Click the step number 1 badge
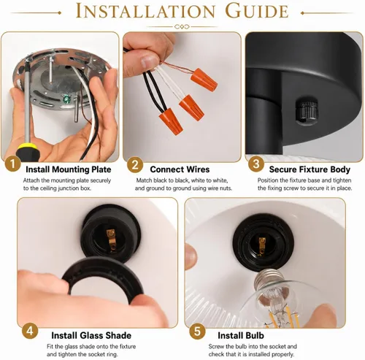coord(12,164)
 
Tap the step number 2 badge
coord(135,165)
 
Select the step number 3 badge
coord(256,164)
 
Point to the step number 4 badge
coord(30,331)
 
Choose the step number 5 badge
coord(197,331)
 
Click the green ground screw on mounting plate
coord(66,99)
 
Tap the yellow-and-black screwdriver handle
coord(26,153)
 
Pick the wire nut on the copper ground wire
coord(204,80)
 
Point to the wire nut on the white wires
coord(192,108)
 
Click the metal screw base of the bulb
coord(269,279)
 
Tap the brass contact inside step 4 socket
coord(111,240)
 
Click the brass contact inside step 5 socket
coord(261,245)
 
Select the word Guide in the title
coord(257,11)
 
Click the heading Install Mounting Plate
coord(69,169)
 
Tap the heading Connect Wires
coord(180,169)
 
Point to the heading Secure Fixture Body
coord(310,169)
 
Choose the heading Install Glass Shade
coord(91,335)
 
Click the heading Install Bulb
coord(241,335)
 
